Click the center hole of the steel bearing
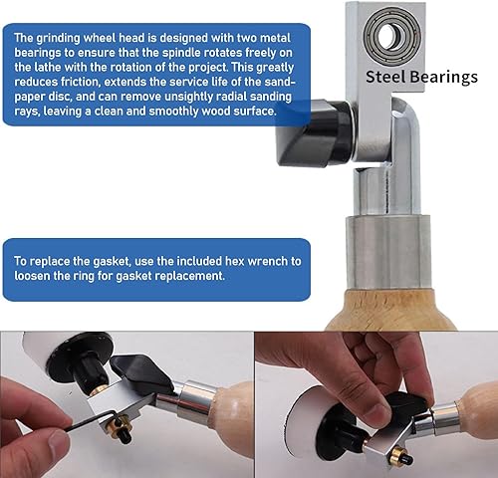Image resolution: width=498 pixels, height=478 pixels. pos(392,35)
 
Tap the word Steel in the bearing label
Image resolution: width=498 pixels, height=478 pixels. pos(385,77)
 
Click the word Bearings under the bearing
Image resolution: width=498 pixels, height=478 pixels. pos(444,78)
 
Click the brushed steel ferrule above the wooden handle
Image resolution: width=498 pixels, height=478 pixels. pos(388,252)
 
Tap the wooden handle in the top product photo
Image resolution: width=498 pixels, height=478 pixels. pos(391,311)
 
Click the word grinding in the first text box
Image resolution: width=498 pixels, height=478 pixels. pos(58,39)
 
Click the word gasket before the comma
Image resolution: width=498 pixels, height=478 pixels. pos(112,262)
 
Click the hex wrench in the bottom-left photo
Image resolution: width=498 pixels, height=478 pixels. pos(93,419)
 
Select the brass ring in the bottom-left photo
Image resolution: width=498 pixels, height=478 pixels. pos(117,425)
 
